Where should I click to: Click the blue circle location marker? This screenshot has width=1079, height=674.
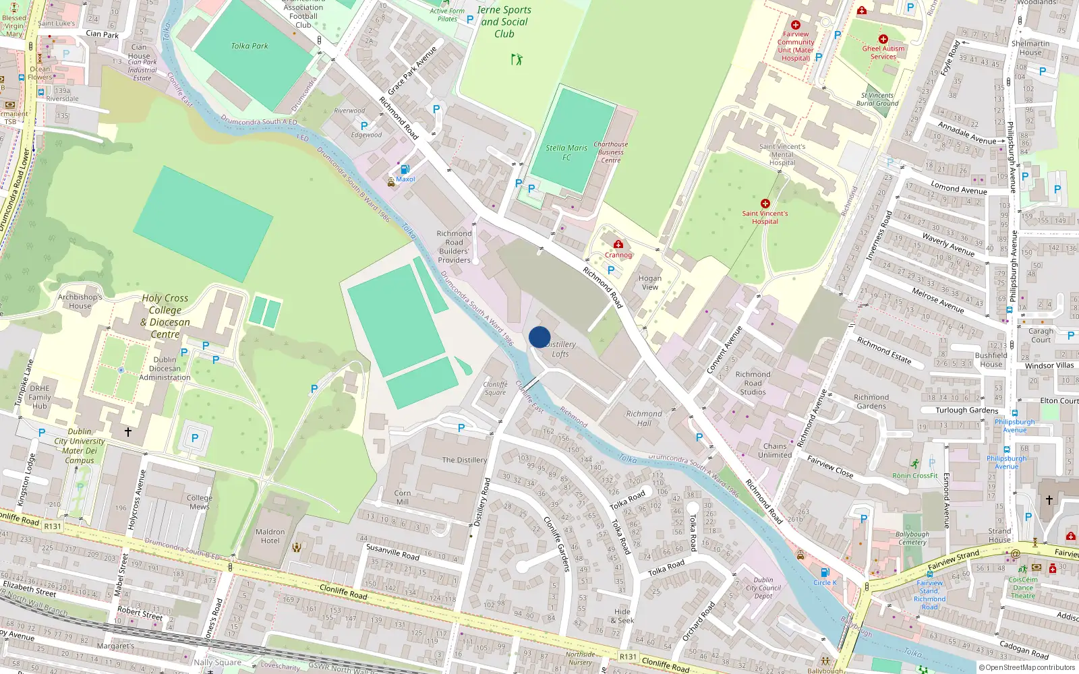(x=539, y=337)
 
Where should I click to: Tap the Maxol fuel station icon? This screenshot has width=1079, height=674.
(x=405, y=170)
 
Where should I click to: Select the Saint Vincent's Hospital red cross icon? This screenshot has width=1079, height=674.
(x=765, y=204)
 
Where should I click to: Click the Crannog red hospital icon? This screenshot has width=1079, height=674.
(x=618, y=245)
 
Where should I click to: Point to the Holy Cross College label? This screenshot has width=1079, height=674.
(x=165, y=315)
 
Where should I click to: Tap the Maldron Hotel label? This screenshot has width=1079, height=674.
(x=270, y=536)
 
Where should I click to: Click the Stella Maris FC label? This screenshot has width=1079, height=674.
(x=566, y=152)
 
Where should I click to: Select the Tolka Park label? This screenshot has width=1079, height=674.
(x=250, y=46)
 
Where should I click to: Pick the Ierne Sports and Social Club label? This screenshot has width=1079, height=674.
(x=504, y=22)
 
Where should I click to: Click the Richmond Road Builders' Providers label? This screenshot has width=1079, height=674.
(x=454, y=247)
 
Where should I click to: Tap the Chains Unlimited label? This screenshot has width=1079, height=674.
(x=775, y=450)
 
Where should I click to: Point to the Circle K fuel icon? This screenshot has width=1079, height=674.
(x=824, y=573)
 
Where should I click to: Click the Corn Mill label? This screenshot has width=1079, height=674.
(x=403, y=497)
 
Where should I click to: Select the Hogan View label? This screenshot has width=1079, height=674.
(x=649, y=282)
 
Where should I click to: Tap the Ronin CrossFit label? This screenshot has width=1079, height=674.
(x=915, y=475)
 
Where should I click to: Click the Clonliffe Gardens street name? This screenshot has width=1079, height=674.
(x=558, y=544)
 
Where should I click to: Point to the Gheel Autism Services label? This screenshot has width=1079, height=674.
(x=883, y=53)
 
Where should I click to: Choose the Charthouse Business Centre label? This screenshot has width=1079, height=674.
(x=610, y=152)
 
